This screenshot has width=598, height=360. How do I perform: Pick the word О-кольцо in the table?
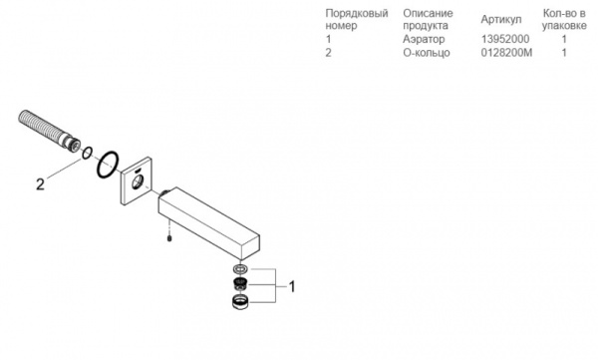428,52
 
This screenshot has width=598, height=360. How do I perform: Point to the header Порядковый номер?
356,19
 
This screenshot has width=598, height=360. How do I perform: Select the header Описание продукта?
428,19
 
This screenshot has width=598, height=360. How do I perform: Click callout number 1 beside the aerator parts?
292,287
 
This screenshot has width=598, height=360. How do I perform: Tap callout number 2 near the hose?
40,183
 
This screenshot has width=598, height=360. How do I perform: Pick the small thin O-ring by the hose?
87,154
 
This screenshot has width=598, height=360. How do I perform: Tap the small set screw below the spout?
171,237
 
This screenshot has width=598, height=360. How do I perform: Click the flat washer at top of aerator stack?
239,269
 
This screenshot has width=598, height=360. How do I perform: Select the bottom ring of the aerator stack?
239,303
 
